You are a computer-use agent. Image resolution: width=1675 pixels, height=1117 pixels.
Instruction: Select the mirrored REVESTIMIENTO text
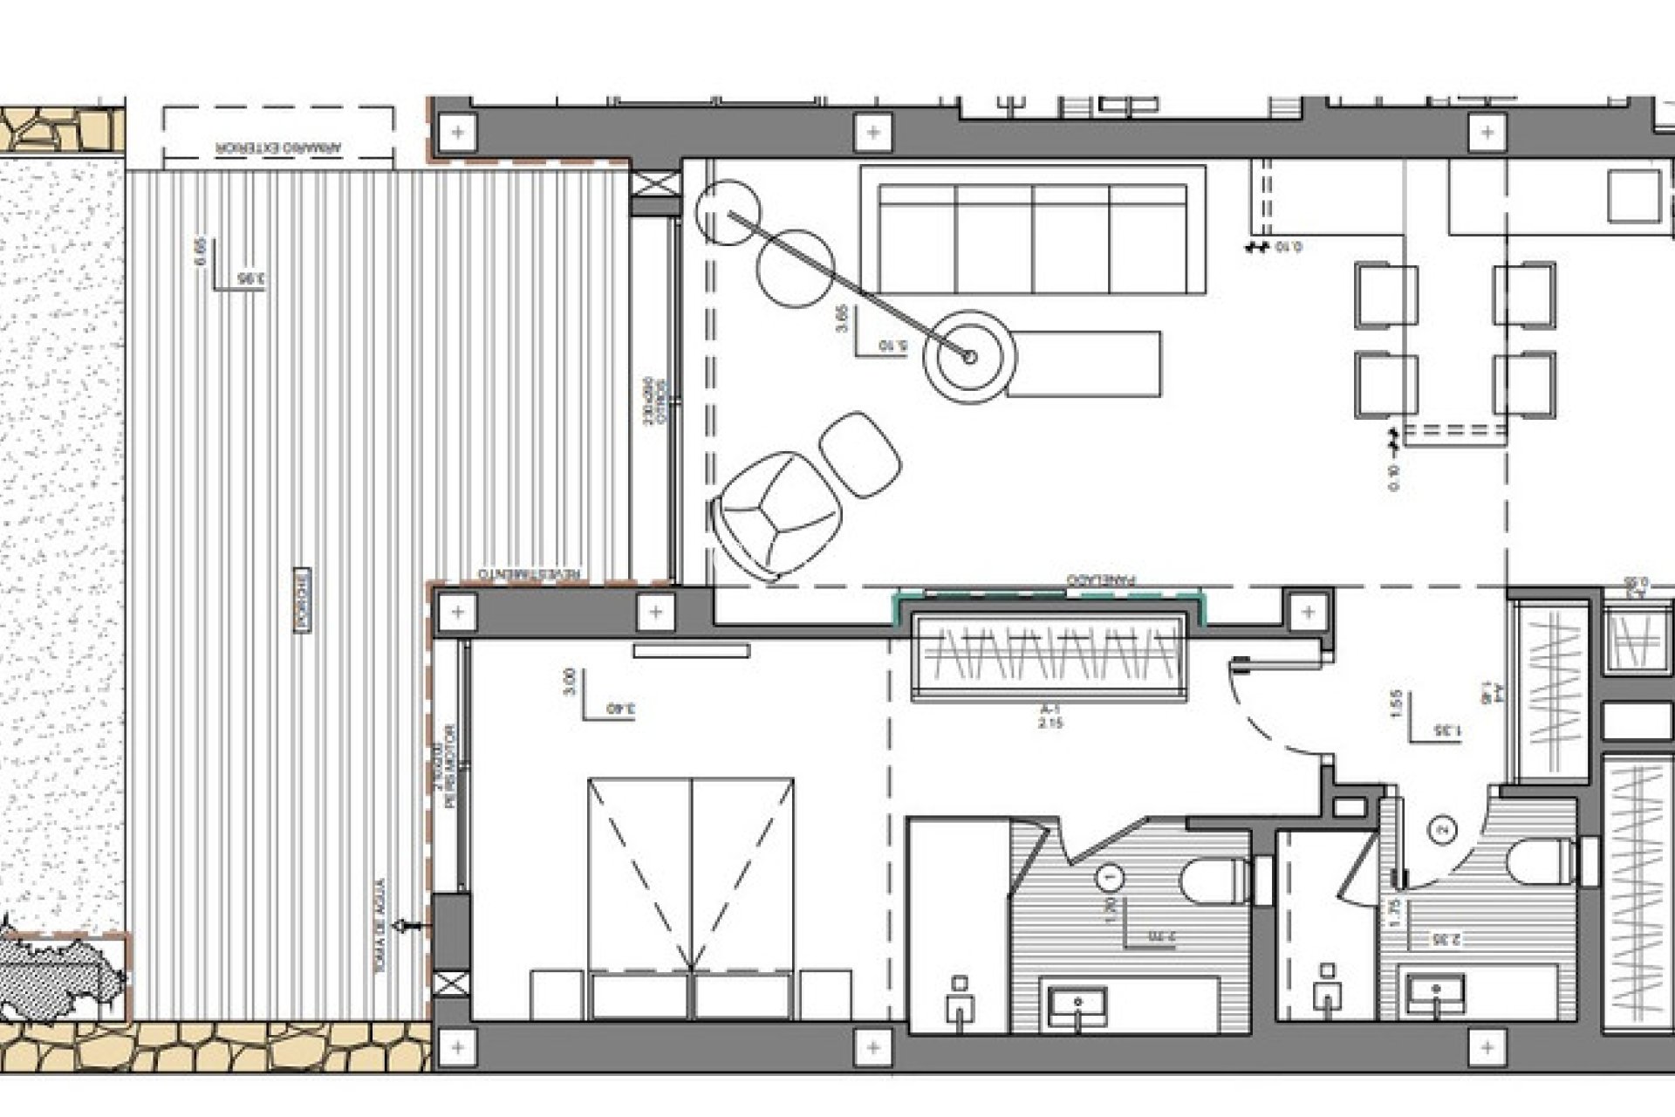point(530,573)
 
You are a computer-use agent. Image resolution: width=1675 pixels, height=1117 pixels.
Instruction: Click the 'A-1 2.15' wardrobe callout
point(1050,717)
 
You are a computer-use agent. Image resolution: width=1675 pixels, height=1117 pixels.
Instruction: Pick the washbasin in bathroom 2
point(1434,995)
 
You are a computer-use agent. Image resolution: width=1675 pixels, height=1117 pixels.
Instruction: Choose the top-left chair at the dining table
point(1386,295)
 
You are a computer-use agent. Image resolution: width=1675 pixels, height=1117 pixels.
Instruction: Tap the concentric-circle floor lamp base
point(970,356)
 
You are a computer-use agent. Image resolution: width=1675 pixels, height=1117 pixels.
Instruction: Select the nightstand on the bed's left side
point(557,994)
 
